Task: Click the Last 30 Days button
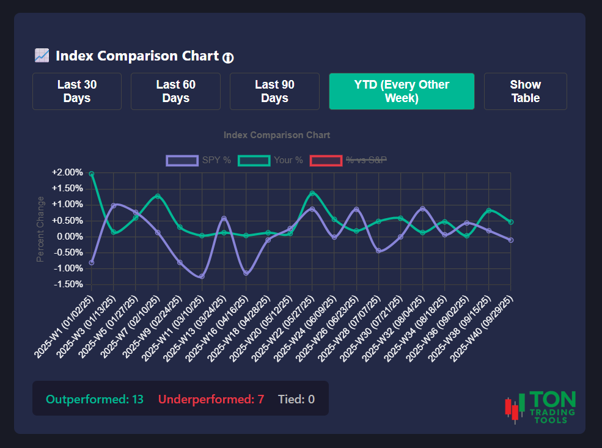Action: [77, 92]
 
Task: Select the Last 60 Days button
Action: [175, 92]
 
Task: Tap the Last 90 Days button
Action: [274, 92]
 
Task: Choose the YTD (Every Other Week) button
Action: [402, 92]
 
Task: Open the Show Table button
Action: [525, 92]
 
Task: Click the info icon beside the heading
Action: [228, 57]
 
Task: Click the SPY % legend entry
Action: [199, 160]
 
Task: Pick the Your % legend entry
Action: [270, 160]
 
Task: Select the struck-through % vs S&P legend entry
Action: [348, 160]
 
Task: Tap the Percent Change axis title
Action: [40, 229]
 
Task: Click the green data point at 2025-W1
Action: [92, 174]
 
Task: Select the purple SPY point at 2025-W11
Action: [202, 276]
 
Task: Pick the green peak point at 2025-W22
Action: [312, 194]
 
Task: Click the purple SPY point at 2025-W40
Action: [510, 240]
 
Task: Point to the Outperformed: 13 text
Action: [95, 399]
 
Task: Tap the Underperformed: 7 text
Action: [211, 399]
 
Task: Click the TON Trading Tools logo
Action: [540, 407]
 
